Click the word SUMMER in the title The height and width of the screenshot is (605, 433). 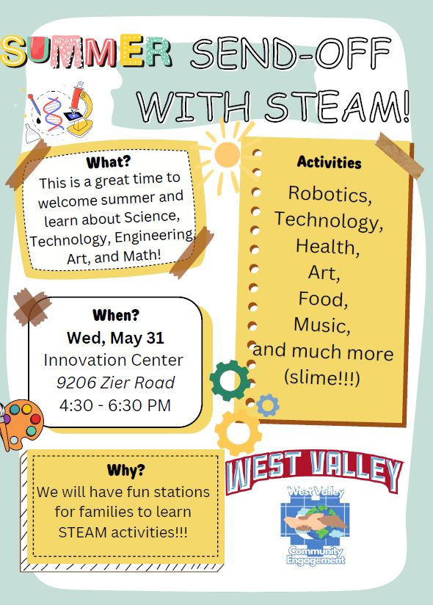pos(87,51)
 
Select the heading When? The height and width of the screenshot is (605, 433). pos(115,316)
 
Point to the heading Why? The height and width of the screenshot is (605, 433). pos(126,470)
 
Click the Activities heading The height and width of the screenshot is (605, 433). pos(329,162)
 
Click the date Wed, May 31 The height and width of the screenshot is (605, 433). pos(115,338)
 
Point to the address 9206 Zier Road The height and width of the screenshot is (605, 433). pos(115,383)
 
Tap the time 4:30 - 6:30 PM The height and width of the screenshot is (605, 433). pos(115,405)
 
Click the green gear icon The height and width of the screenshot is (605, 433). pos(229,380)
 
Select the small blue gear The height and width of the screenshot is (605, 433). pos(268,405)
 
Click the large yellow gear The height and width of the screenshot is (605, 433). pos(239,432)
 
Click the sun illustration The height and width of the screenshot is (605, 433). pos(227,154)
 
